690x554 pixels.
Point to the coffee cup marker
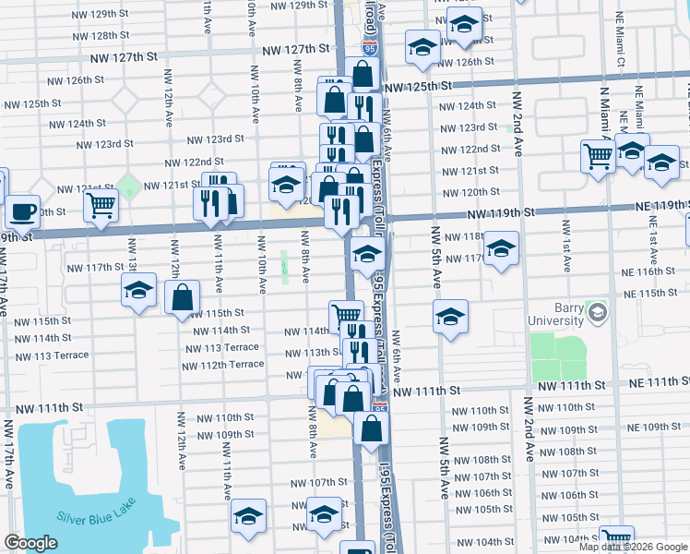coord(23,211)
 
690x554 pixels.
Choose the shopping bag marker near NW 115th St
coord(183,297)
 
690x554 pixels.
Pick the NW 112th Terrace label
coord(223,365)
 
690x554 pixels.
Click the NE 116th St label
coord(649,272)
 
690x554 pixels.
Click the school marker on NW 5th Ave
coord(450,317)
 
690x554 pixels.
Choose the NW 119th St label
coord(500,213)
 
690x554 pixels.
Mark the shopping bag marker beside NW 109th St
coord(371,429)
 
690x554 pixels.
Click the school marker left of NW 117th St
coord(139,292)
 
